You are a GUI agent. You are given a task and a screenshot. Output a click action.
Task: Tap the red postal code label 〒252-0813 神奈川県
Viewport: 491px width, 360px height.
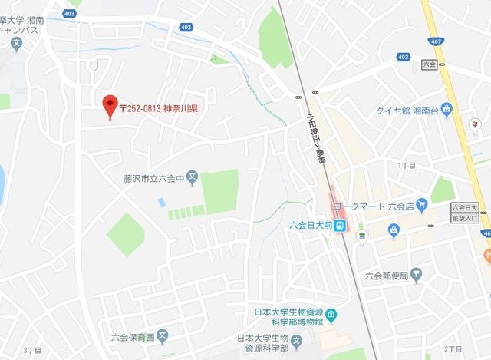[x=159, y=108]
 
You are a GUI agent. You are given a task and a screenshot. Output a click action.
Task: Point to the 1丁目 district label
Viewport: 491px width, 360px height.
[x=407, y=165]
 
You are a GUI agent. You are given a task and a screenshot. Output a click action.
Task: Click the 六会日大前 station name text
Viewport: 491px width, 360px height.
[x=310, y=226]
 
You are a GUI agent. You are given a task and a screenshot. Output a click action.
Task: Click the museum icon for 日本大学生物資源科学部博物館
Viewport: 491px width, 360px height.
[x=331, y=315]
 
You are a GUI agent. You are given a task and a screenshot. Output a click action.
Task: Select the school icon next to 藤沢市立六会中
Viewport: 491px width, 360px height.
[x=193, y=179]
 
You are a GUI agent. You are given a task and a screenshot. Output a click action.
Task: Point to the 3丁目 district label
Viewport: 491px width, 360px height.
[x=32, y=350]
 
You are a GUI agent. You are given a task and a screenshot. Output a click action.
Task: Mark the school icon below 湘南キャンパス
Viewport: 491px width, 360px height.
[x=16, y=45]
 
